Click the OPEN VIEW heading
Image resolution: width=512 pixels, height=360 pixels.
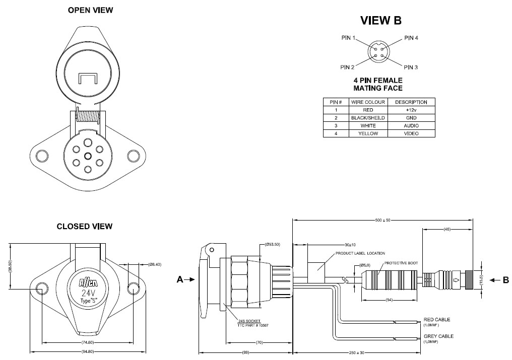[x=90, y=10]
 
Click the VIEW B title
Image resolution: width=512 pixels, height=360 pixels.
[x=380, y=21]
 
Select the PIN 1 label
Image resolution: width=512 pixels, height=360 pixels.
[x=348, y=38]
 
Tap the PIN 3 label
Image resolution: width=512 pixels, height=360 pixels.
[x=411, y=67]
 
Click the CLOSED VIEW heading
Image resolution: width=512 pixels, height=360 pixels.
[x=84, y=227]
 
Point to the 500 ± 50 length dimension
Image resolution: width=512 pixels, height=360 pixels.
[x=382, y=220]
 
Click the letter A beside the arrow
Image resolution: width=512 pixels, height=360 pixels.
[x=179, y=281]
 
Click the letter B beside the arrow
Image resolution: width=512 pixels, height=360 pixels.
[x=505, y=280]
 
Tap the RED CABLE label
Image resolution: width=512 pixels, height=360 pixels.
[x=436, y=319]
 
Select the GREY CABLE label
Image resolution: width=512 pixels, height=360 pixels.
[x=437, y=336]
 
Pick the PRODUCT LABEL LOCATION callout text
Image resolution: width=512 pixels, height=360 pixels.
[x=360, y=253]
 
